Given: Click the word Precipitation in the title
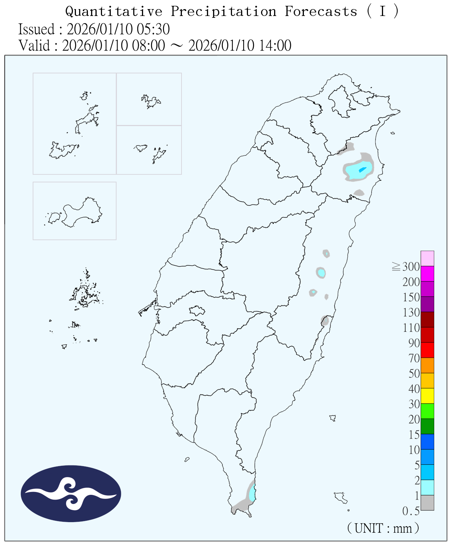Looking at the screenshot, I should coord(224,12).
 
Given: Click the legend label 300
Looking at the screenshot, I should coord(411,267).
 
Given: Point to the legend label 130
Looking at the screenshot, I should coord(411,312).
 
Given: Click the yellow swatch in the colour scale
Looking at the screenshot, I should coord(427,396).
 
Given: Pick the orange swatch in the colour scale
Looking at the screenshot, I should coord(427,365).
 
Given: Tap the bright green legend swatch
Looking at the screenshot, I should coord(427,411).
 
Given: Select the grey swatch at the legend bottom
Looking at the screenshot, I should coord(427,502).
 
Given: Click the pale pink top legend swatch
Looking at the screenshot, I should coord(427,258).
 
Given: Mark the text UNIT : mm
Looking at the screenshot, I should coord(383,528).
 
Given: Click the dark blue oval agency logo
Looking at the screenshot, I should coord(71,493).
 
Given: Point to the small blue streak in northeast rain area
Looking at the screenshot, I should coord(362,169).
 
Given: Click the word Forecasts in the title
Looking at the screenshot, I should coord(321,12).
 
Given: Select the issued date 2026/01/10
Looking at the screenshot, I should coord(102,29).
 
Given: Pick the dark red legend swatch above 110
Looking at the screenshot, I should coord(427,319).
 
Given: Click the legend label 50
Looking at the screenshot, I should coord(414,374).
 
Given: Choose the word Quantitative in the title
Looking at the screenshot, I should coord(114,12).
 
